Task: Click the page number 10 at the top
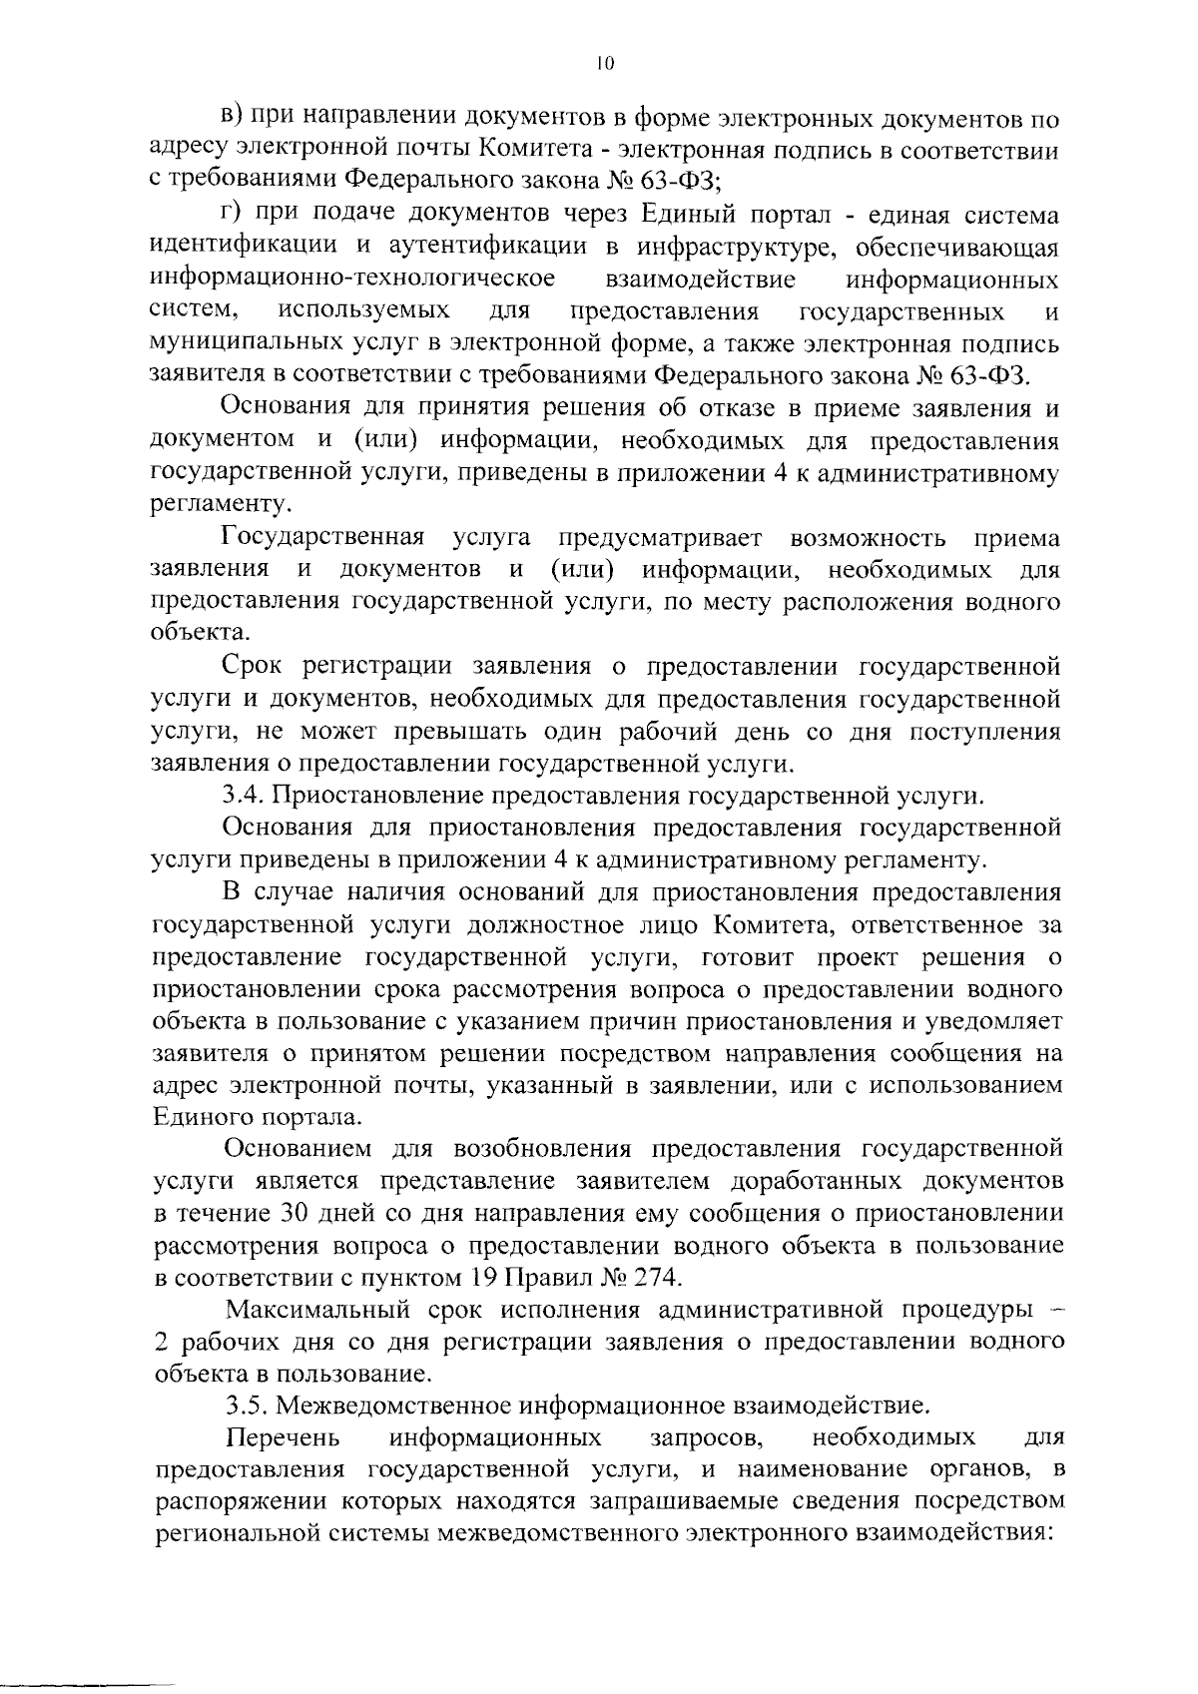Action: point(602,63)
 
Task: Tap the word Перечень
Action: point(284,1437)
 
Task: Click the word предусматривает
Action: point(659,539)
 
